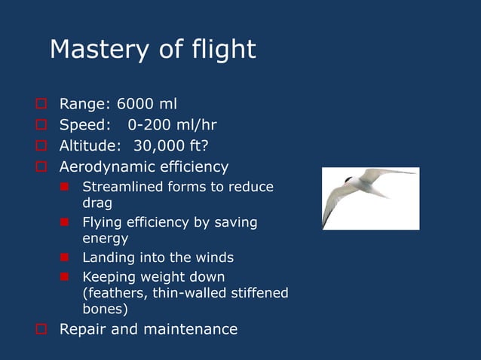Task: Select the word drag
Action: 97,203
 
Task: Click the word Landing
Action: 107,258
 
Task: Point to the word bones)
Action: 105,309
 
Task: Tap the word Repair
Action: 83,329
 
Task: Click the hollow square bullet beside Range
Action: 42,104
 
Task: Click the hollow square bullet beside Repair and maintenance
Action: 42,330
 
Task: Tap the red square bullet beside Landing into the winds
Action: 66,258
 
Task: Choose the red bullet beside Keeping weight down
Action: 66,277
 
